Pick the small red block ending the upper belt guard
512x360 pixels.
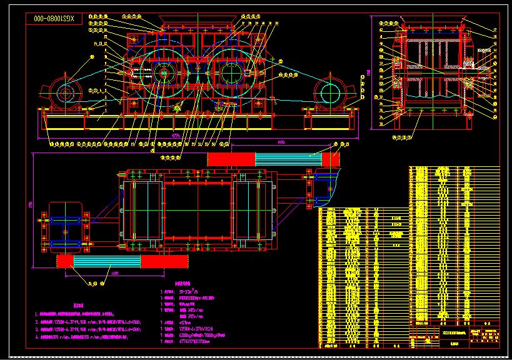coord(331,159)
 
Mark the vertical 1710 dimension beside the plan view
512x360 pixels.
coord(30,203)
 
